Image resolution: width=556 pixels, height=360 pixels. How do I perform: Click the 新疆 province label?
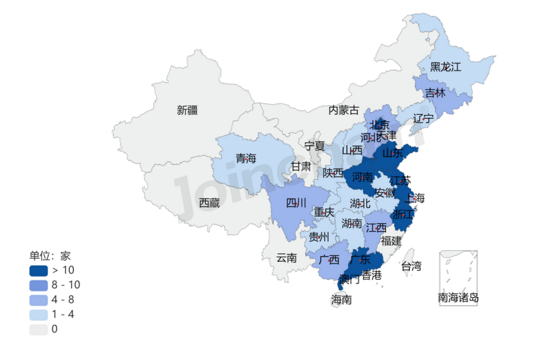click(x=187, y=110)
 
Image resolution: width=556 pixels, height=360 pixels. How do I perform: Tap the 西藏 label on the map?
click(x=209, y=203)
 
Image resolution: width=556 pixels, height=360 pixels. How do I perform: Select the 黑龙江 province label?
click(x=445, y=66)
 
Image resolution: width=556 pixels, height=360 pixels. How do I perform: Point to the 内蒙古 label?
click(x=344, y=110)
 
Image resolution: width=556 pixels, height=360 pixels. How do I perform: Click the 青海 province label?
click(x=246, y=158)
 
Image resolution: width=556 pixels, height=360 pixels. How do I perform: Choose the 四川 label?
click(x=296, y=203)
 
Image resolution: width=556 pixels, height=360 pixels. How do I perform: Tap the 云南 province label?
click(x=286, y=258)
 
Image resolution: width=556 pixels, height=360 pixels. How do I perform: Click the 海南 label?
click(x=341, y=299)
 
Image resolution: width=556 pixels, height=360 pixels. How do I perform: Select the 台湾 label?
click(x=412, y=266)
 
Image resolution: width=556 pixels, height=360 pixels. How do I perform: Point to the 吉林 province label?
click(x=435, y=93)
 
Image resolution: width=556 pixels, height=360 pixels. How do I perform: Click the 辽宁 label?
click(x=423, y=118)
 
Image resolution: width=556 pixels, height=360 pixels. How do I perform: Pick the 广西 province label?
click(x=329, y=260)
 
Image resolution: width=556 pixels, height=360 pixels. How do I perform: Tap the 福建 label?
click(x=391, y=241)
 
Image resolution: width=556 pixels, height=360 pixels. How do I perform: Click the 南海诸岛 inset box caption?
click(x=459, y=298)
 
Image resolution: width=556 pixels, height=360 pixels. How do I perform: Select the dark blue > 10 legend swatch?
click(x=38, y=270)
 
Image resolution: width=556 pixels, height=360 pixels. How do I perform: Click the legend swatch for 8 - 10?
click(x=38, y=284)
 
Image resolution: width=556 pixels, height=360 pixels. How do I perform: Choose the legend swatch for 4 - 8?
click(x=38, y=299)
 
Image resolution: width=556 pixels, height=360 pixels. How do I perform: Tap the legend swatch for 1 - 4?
click(x=38, y=314)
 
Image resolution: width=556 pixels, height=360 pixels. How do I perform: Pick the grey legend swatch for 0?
click(x=38, y=329)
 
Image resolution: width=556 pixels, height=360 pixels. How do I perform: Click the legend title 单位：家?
click(x=49, y=255)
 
